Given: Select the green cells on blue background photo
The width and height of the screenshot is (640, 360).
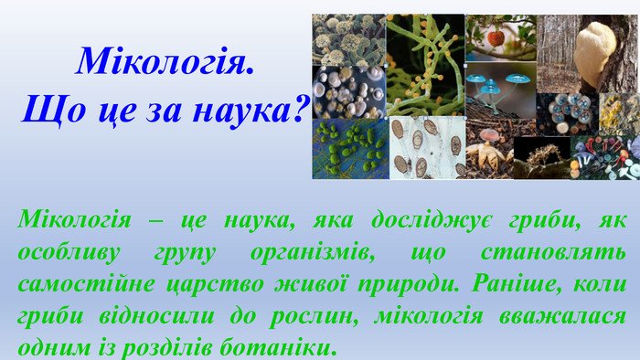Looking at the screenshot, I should pos(349,149).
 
